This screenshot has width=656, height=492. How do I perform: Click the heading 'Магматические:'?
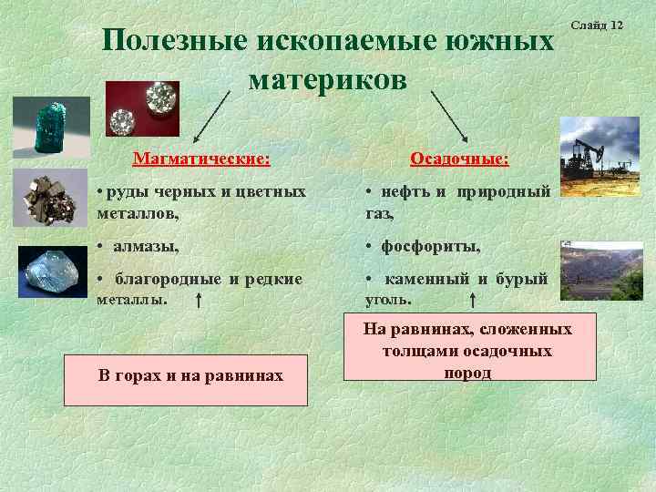201,159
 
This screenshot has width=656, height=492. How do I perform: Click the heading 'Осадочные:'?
459,159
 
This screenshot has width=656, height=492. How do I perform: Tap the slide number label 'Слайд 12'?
597,24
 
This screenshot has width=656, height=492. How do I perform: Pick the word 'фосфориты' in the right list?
427,246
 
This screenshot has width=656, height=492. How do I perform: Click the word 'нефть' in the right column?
398,192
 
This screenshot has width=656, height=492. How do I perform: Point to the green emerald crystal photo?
51,128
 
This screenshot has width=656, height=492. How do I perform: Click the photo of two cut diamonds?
142,108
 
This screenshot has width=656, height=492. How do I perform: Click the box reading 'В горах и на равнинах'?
186,374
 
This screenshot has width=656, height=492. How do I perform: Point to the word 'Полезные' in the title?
174,41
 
